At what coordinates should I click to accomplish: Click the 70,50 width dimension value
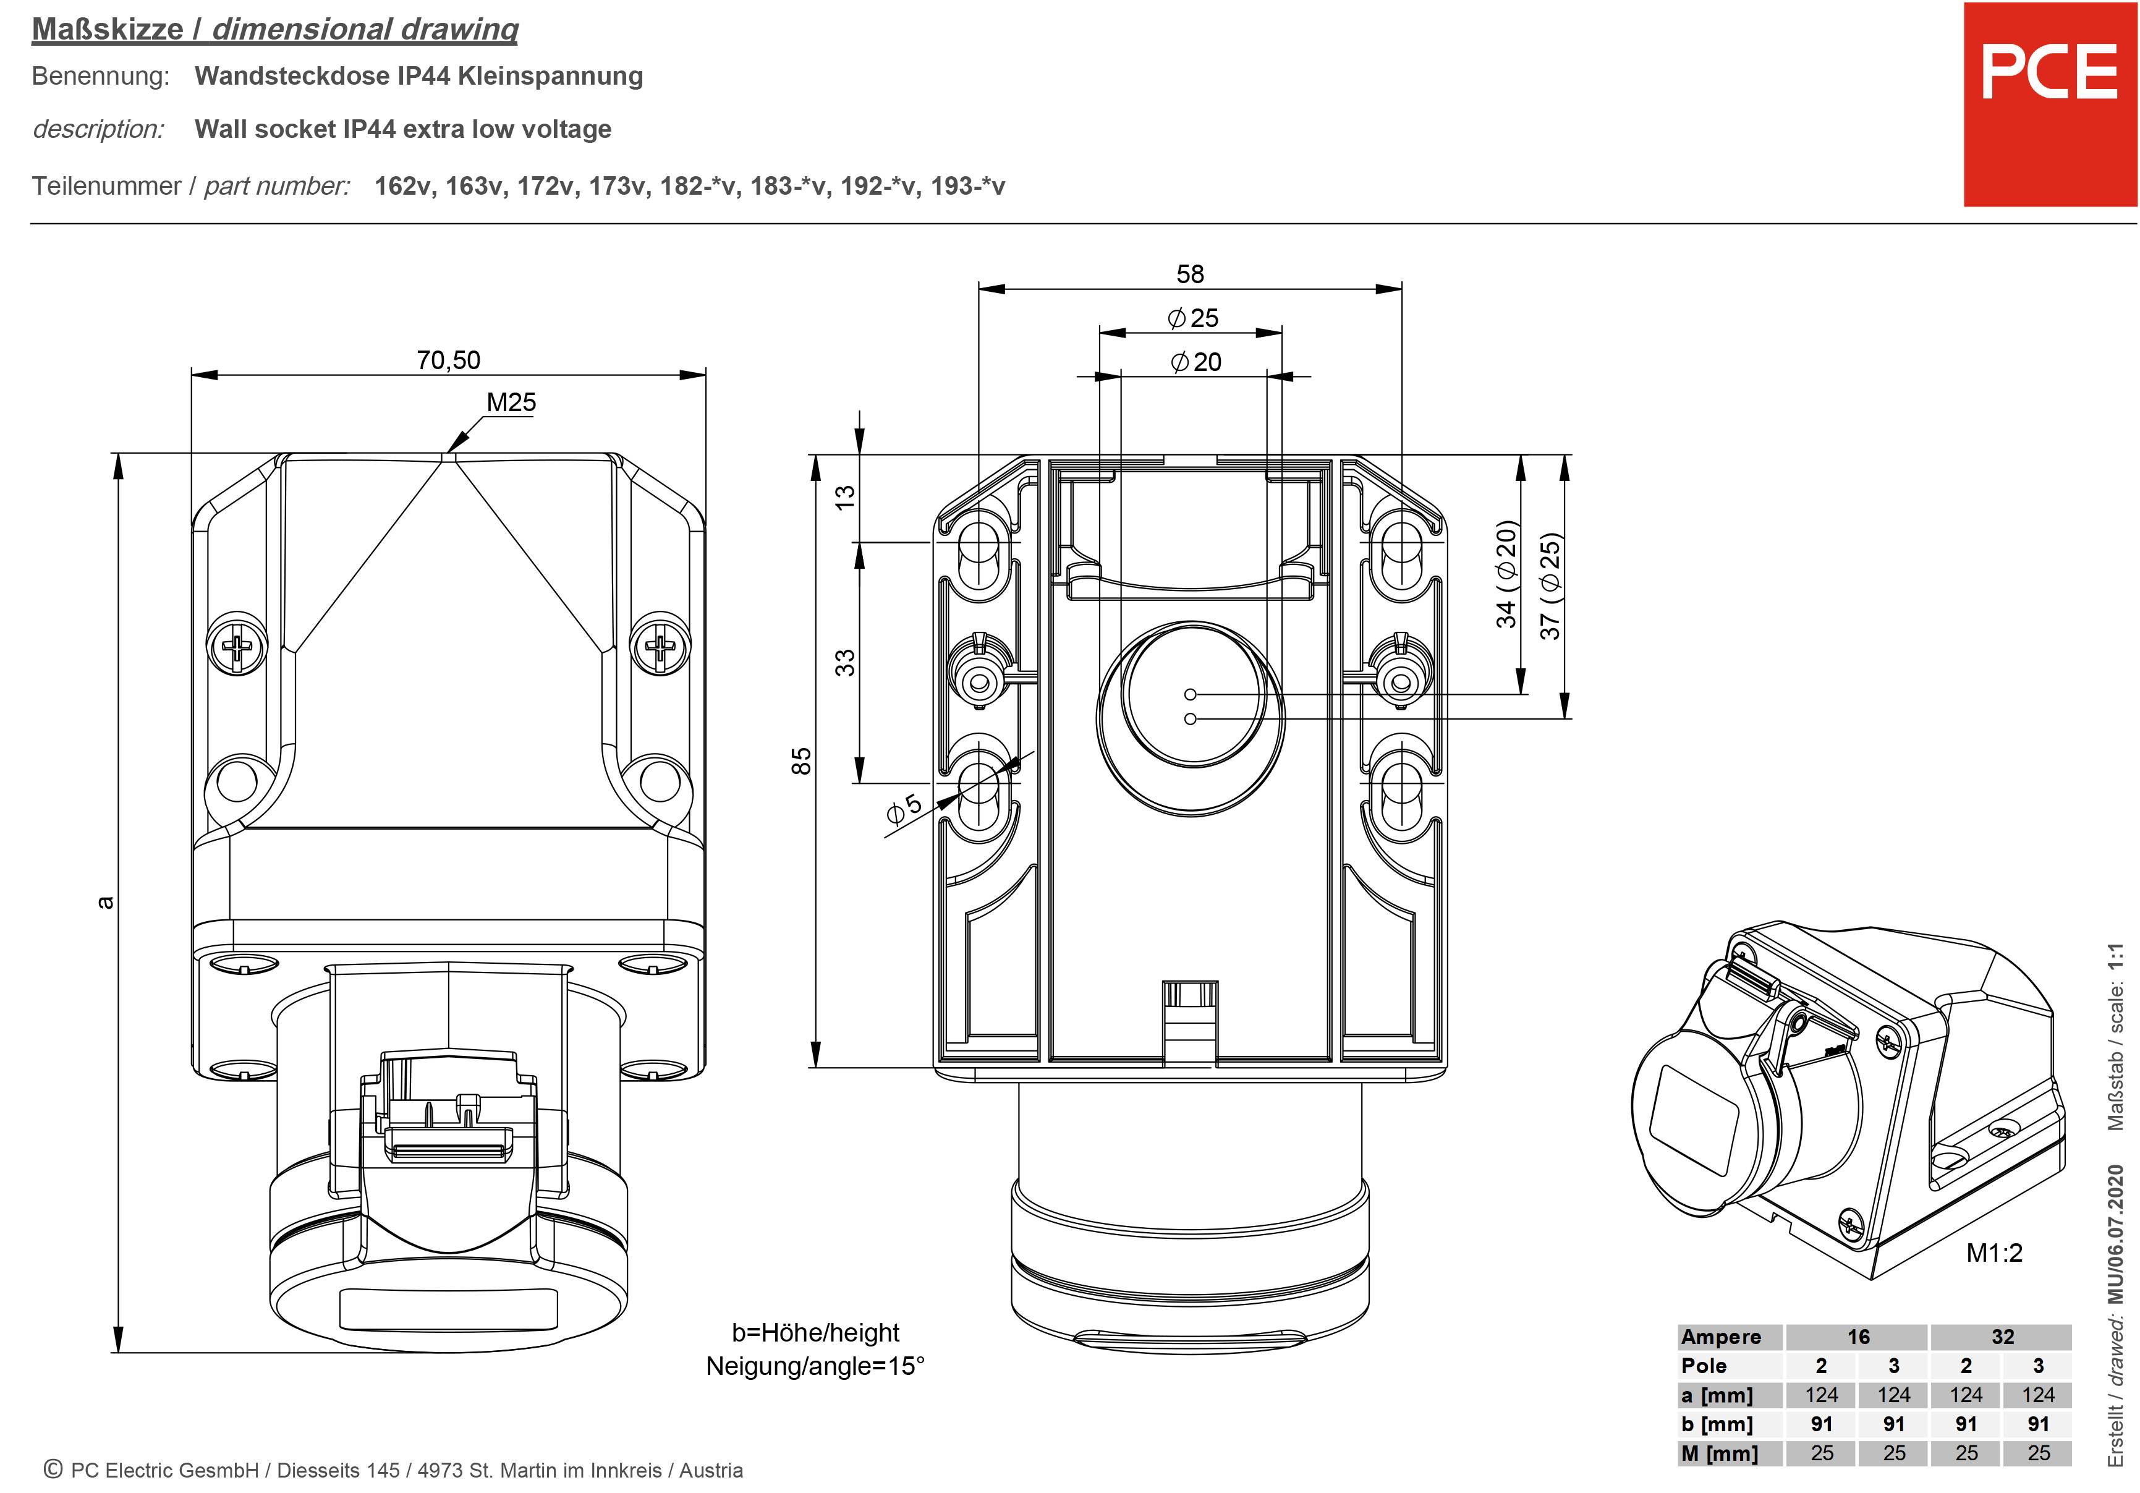448,360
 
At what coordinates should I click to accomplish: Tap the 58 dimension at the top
1191,274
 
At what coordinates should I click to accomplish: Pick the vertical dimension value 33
844,663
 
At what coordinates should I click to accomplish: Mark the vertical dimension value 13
844,496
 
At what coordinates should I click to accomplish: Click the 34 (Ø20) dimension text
1506,574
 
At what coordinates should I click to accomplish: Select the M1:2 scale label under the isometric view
1994,1253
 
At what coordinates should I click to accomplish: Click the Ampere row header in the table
1720,1337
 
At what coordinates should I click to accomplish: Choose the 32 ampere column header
2002,1337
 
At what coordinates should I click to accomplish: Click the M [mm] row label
1718,1453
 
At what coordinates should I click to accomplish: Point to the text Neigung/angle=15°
815,1366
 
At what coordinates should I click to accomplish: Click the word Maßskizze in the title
107,29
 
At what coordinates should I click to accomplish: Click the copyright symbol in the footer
53,1470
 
